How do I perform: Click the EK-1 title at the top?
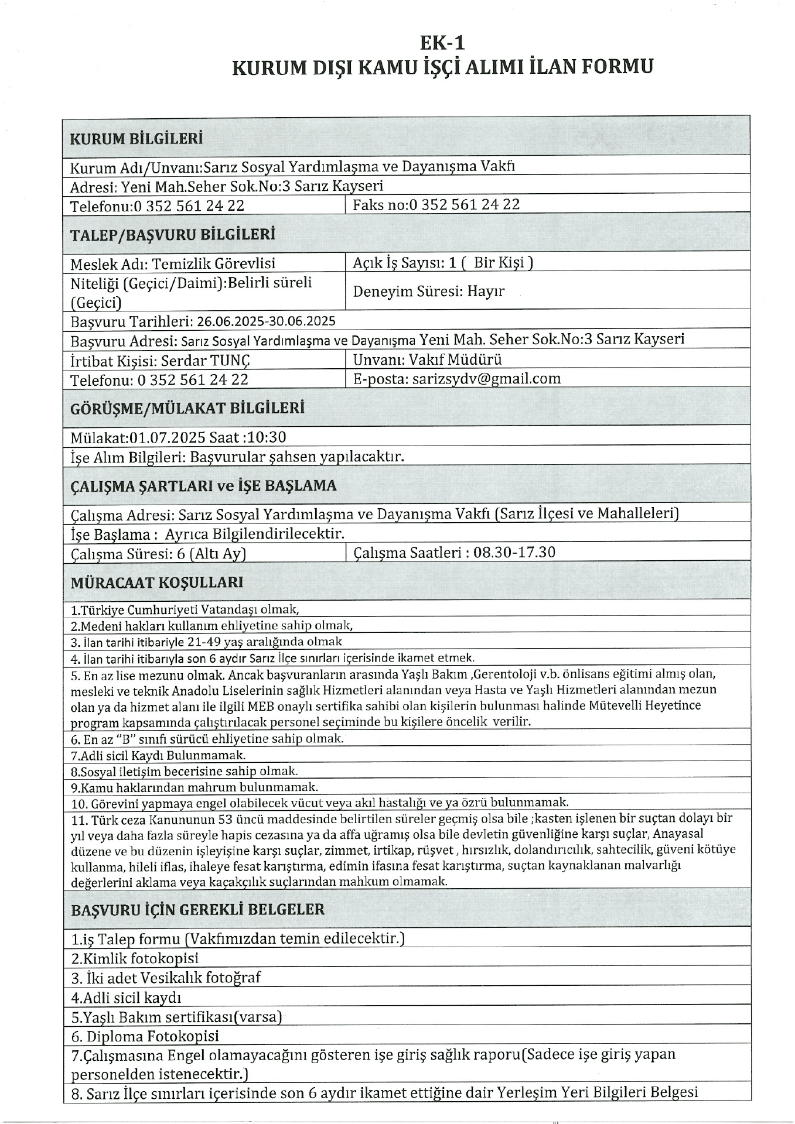pyautogui.click(x=442, y=43)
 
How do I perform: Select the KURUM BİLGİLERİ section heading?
pyautogui.click(x=137, y=139)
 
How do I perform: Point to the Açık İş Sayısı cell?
pyautogui.click(x=443, y=262)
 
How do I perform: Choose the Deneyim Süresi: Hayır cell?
pyautogui.click(x=429, y=291)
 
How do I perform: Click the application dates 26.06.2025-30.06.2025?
pyautogui.click(x=266, y=321)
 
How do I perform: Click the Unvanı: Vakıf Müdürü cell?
pyautogui.click(x=428, y=359)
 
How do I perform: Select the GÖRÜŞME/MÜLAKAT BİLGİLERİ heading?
pyautogui.click(x=187, y=408)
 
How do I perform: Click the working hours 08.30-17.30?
pyautogui.click(x=514, y=552)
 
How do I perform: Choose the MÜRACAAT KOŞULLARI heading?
pyautogui.click(x=157, y=582)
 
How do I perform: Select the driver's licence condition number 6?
pyautogui.click(x=207, y=739)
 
